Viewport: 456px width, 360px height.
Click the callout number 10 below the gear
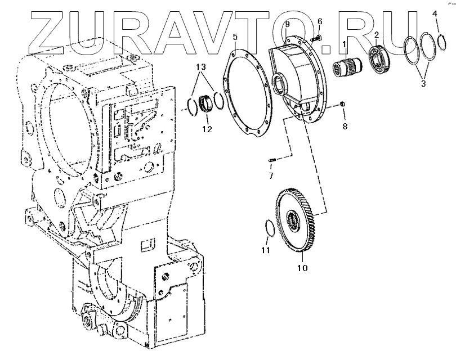tap(302, 268)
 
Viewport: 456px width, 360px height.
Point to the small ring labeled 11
tap(270, 228)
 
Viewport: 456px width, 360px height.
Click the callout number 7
tap(271, 176)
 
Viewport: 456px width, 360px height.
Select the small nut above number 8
tap(343, 104)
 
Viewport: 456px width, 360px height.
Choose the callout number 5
tap(235, 37)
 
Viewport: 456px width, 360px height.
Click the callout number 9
tap(287, 24)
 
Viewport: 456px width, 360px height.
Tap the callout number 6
tap(319, 21)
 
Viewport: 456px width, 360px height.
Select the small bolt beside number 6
tap(315, 38)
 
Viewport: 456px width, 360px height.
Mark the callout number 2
tap(376, 35)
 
